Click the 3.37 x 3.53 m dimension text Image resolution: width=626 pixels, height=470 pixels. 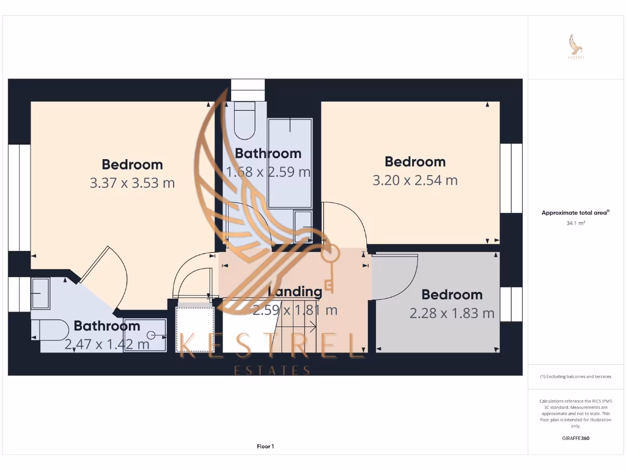coord(132,183)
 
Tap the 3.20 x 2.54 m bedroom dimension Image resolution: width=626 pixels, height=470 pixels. coord(415,180)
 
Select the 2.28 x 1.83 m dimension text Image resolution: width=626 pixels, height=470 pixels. coord(452,313)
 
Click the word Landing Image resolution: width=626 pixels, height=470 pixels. coord(295,292)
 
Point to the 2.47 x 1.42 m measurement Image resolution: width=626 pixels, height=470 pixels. coord(107,344)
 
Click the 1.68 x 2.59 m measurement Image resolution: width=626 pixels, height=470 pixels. coord(268,172)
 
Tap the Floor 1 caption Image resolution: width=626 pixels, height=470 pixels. coord(265,447)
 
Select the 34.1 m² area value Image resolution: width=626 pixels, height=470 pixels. coord(575,223)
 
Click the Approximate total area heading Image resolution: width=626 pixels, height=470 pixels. coord(575,213)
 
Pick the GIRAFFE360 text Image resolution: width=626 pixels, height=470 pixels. coord(575,438)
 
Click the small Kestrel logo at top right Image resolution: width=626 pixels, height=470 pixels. coord(575,47)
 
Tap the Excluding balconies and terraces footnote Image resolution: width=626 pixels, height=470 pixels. coord(575,376)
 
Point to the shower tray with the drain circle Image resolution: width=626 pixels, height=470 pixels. coord(145,335)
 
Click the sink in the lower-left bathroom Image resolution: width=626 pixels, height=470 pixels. coord(41,294)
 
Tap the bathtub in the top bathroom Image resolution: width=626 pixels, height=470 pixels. coord(290,162)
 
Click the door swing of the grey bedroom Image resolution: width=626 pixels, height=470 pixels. coord(394,278)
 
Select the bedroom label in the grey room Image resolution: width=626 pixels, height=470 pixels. coord(452,294)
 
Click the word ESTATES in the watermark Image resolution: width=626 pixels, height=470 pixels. coord(273,370)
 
